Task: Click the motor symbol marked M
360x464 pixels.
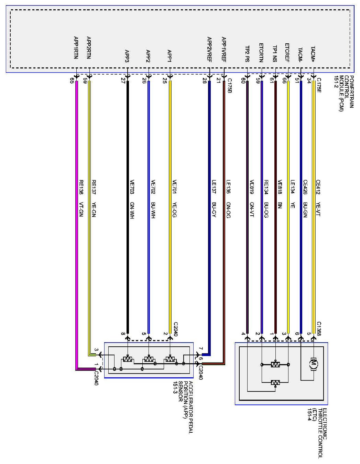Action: [313, 364]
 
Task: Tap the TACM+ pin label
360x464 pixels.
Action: [313, 54]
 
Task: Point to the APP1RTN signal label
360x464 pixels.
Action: [76, 48]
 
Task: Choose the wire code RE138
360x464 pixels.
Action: [81, 187]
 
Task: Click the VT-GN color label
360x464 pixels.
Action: [81, 209]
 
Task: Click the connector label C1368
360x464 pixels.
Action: [319, 328]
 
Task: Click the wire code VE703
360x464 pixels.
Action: [132, 187]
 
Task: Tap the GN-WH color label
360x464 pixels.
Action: [132, 210]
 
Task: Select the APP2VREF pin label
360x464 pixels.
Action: [209, 49]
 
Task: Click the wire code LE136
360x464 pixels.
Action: [228, 187]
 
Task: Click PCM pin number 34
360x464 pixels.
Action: [309, 80]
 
